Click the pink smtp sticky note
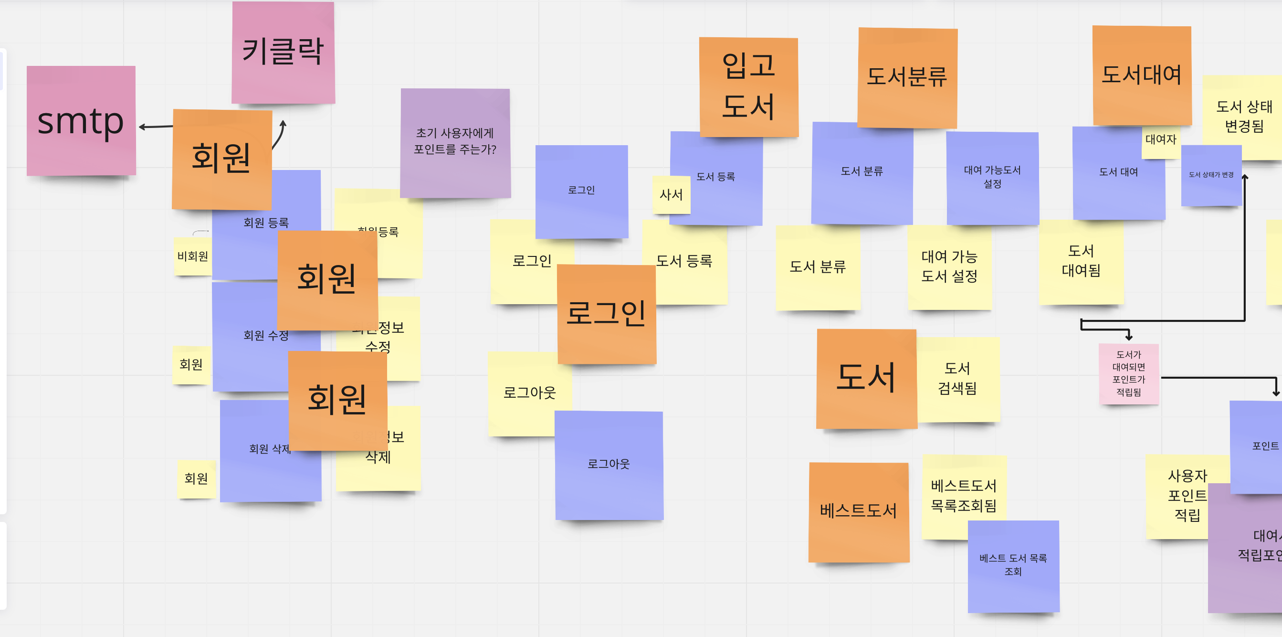pyautogui.click(x=81, y=120)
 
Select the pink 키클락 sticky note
pyautogui.click(x=283, y=53)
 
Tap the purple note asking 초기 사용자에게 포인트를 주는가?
pyautogui.click(x=455, y=142)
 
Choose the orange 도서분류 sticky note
pyautogui.click(x=907, y=78)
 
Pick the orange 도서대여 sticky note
pyautogui.click(x=1141, y=74)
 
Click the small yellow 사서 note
pyautogui.click(x=671, y=195)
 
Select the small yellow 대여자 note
pyautogui.click(x=1160, y=140)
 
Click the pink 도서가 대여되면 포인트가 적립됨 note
pyautogui.click(x=1128, y=373)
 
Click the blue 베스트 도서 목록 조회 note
pyautogui.click(x=1013, y=565)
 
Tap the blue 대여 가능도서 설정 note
pyautogui.click(x=992, y=177)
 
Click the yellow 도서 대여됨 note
pyautogui.click(x=1081, y=261)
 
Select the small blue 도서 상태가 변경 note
pyautogui.click(x=1210, y=175)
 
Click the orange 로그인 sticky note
pyautogui.click(x=606, y=313)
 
